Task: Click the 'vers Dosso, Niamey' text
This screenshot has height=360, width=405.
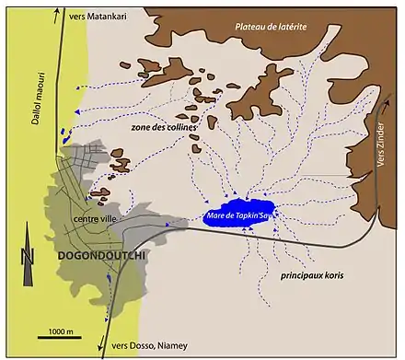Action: [147, 345]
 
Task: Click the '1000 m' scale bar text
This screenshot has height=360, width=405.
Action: [62, 330]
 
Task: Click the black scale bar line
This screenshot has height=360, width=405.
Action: [62, 338]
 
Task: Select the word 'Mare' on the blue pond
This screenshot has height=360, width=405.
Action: [214, 216]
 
